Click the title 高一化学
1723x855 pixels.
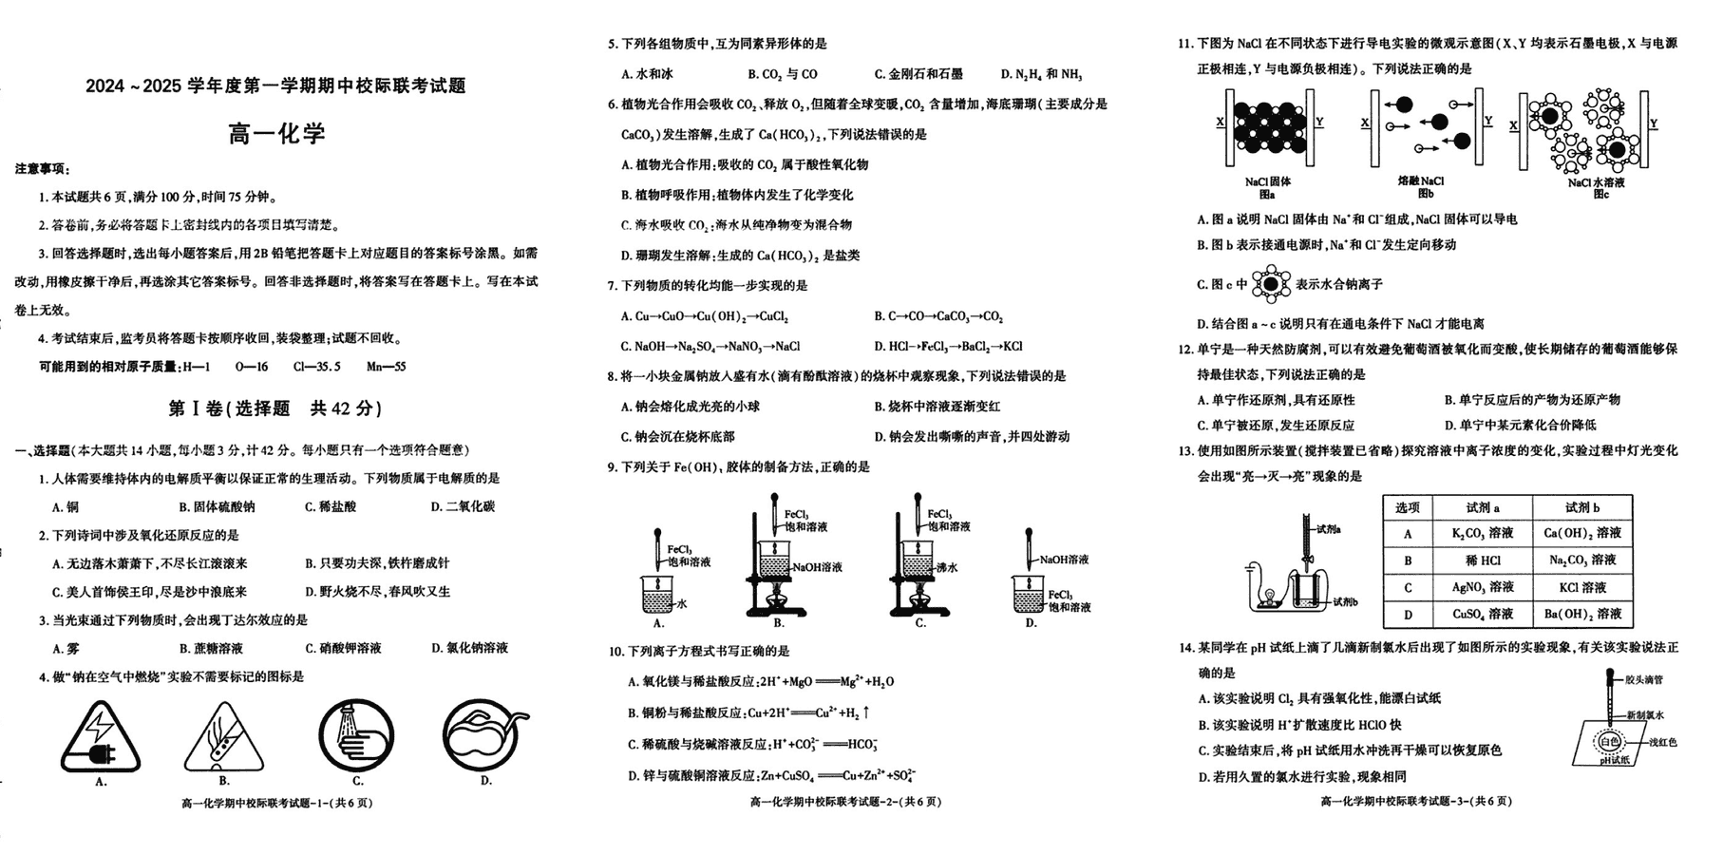click(x=276, y=133)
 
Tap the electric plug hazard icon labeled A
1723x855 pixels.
click(x=100, y=737)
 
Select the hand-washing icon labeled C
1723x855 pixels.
click(x=356, y=736)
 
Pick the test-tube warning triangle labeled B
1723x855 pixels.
click(x=223, y=737)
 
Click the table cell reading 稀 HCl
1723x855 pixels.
click(x=1482, y=560)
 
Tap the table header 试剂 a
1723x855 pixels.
click(x=1482, y=507)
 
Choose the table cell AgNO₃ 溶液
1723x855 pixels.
click(x=1482, y=588)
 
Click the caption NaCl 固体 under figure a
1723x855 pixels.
click(x=1267, y=181)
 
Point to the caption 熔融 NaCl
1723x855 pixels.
click(x=1421, y=181)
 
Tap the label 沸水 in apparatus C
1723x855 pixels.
click(x=946, y=567)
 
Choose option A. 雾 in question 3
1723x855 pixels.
click(x=66, y=649)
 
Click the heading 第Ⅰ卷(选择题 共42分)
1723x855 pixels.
click(x=275, y=408)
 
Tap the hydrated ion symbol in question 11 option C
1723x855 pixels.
click(x=1271, y=284)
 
